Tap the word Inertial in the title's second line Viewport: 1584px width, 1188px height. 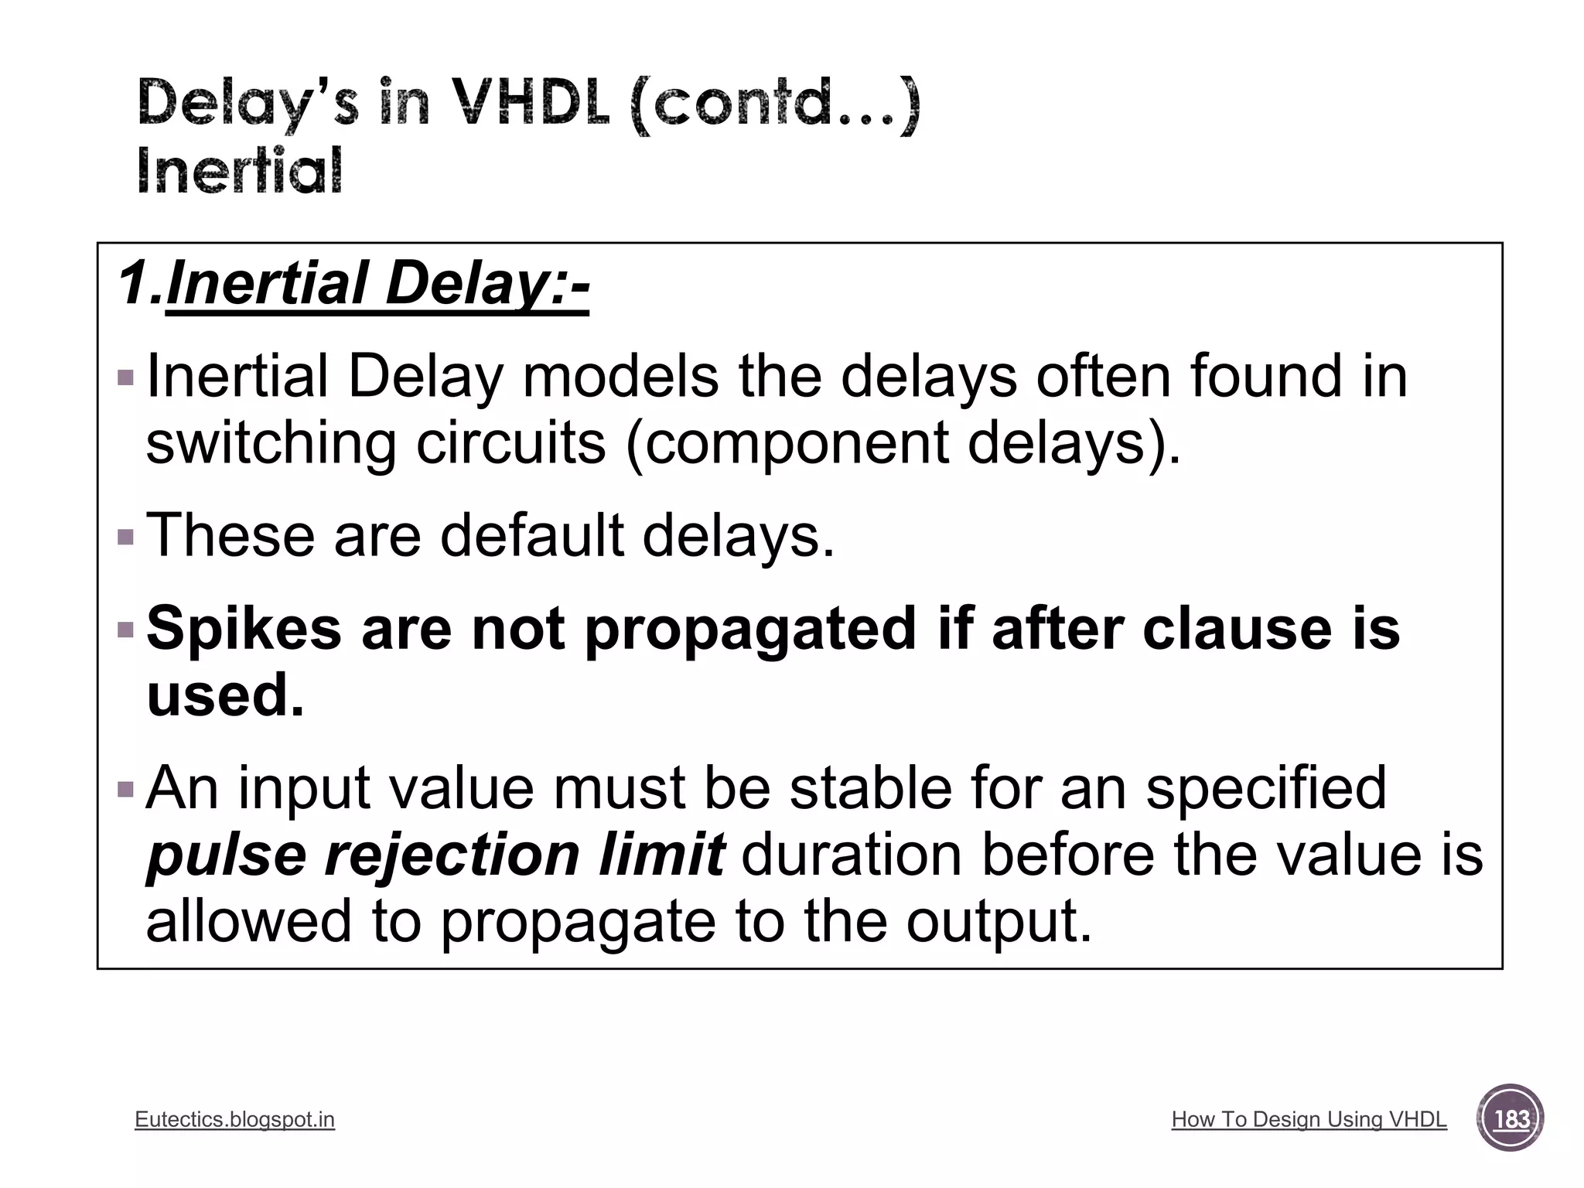(x=240, y=171)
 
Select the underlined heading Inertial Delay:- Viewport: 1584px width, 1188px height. (x=377, y=285)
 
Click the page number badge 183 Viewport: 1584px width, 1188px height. (x=1511, y=1118)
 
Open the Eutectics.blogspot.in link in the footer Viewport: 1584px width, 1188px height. (x=234, y=1119)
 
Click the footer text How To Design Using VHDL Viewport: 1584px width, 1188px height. (x=1309, y=1119)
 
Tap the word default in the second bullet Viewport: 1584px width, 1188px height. (x=531, y=535)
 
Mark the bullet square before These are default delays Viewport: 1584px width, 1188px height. (x=125, y=537)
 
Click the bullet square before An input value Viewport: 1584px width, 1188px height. (x=125, y=790)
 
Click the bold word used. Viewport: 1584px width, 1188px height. (x=224, y=695)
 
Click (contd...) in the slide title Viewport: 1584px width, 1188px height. (x=775, y=104)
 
